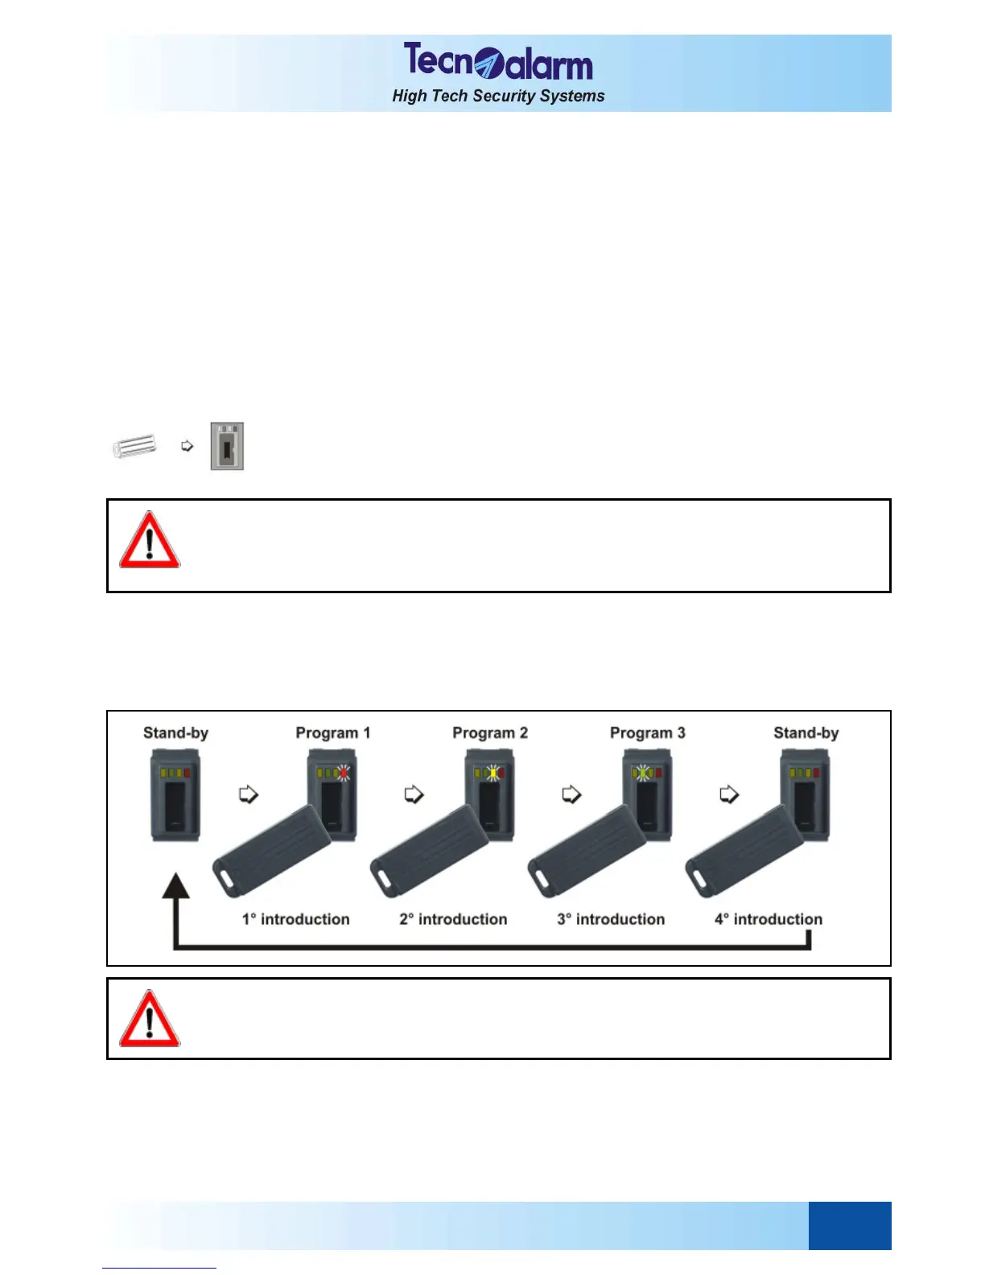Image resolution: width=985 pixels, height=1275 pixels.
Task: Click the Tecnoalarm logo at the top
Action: point(497,61)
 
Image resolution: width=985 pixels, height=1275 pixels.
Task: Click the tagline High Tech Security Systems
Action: point(498,96)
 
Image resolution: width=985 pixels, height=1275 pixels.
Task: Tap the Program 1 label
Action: point(332,732)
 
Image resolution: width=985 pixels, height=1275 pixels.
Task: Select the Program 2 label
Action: point(489,732)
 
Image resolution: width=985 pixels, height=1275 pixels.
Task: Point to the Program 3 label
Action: point(647,732)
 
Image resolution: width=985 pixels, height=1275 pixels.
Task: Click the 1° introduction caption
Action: point(295,919)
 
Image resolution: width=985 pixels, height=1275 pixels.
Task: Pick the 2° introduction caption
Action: point(453,919)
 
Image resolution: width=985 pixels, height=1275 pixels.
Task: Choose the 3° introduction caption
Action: point(611,919)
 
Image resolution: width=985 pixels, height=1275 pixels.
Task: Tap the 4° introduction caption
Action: point(769,919)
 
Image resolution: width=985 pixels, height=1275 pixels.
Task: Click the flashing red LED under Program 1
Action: point(344,773)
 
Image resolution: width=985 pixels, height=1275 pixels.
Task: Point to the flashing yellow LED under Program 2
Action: point(492,773)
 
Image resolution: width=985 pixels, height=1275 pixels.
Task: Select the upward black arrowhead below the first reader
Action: point(175,886)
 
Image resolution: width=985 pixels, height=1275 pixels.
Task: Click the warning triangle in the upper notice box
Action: point(150,540)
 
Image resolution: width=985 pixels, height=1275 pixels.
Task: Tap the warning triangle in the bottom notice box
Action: point(150,1019)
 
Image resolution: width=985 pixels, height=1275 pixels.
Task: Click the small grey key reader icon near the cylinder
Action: point(227,446)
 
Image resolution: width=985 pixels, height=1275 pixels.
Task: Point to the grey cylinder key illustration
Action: point(134,445)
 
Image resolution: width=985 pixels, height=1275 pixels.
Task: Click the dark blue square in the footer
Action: point(849,1225)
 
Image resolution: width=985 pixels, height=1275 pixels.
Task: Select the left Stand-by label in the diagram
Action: point(175,732)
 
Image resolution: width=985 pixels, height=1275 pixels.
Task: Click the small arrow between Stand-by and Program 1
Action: point(249,794)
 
